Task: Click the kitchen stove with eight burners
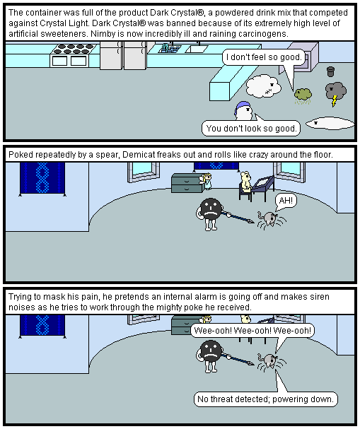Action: pyautogui.click(x=73, y=55)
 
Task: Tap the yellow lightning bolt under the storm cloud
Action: pyautogui.click(x=335, y=100)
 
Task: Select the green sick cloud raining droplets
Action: pyautogui.click(x=303, y=96)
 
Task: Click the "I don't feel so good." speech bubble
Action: pyautogui.click(x=264, y=57)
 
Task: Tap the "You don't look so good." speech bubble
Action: pyautogui.click(x=251, y=128)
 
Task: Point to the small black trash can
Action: pyautogui.click(x=331, y=71)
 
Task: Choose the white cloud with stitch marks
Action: pyautogui.click(x=263, y=86)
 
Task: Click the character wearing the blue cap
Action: pyautogui.click(x=243, y=110)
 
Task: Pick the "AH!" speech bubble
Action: pyautogui.click(x=286, y=201)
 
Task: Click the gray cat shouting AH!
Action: pyautogui.click(x=271, y=220)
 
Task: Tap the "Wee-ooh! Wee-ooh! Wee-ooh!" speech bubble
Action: pyautogui.click(x=252, y=331)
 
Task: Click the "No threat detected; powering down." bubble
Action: pyautogui.click(x=265, y=399)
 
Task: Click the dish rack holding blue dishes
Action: pyautogui.click(x=169, y=49)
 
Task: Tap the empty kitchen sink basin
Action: pyautogui.click(x=197, y=49)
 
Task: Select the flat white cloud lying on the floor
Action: pyautogui.click(x=330, y=124)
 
